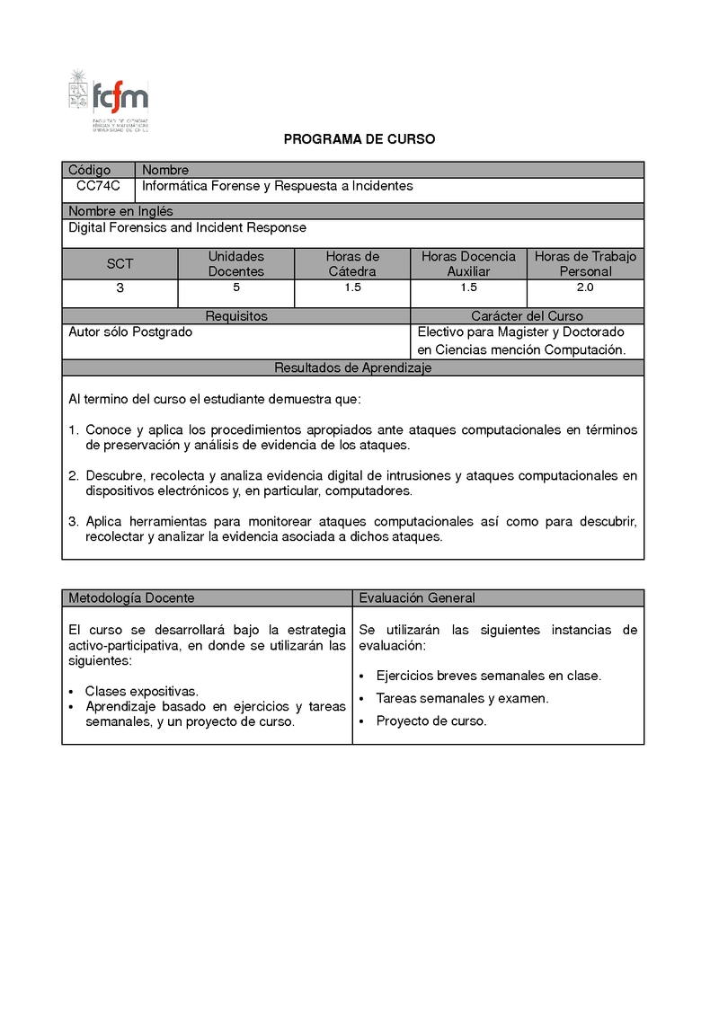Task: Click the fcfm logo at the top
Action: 110,100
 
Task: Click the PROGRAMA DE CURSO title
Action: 359,139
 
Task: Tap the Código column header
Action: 90,170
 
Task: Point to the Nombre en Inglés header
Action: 121,211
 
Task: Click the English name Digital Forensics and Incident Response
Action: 188,227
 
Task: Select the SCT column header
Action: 120,264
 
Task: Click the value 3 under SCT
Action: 120,288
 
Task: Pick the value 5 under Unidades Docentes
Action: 236,288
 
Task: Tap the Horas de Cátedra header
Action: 352,264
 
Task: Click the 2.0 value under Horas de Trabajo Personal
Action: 585,288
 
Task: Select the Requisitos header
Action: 236,316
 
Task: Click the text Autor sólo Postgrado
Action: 130,332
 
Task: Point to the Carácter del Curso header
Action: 527,316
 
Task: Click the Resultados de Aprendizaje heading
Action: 353,368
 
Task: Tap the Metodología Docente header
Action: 131,597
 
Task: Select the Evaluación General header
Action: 417,597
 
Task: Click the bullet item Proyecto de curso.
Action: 431,721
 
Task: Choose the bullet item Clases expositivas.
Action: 141,691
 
